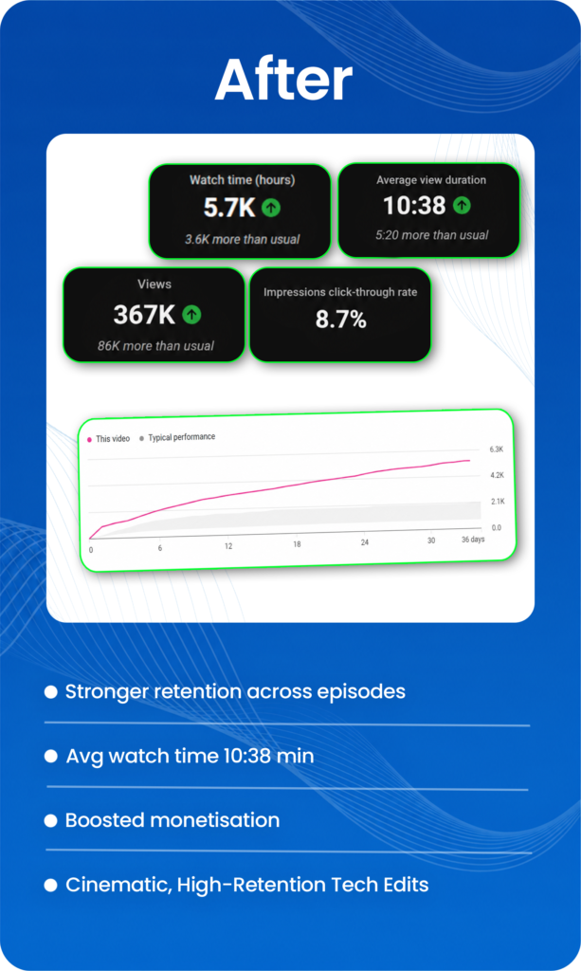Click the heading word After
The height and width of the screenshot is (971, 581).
(x=283, y=80)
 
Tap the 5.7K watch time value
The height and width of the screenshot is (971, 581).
(x=229, y=208)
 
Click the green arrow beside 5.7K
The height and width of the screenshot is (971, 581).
(x=271, y=208)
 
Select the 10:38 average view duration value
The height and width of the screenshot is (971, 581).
(x=414, y=206)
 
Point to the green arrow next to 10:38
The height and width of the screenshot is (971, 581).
(x=462, y=205)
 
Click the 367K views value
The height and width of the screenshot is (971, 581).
(x=144, y=315)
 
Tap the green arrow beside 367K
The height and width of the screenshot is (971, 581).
(x=191, y=315)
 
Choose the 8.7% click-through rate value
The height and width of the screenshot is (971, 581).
(x=341, y=320)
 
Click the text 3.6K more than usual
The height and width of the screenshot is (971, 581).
(x=243, y=240)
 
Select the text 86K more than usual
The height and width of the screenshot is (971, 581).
(x=156, y=346)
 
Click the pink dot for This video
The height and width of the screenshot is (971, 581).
(x=90, y=440)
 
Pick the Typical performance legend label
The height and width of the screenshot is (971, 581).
(x=182, y=437)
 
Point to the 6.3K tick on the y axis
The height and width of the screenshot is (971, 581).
(x=497, y=449)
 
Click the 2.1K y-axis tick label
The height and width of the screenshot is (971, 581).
(x=499, y=502)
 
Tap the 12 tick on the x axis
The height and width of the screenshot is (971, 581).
(x=228, y=546)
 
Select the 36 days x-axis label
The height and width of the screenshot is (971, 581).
(x=473, y=540)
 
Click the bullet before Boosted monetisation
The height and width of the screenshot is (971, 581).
(x=51, y=820)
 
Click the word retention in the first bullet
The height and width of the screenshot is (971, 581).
(x=197, y=691)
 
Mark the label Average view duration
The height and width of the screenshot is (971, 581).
(x=431, y=180)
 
